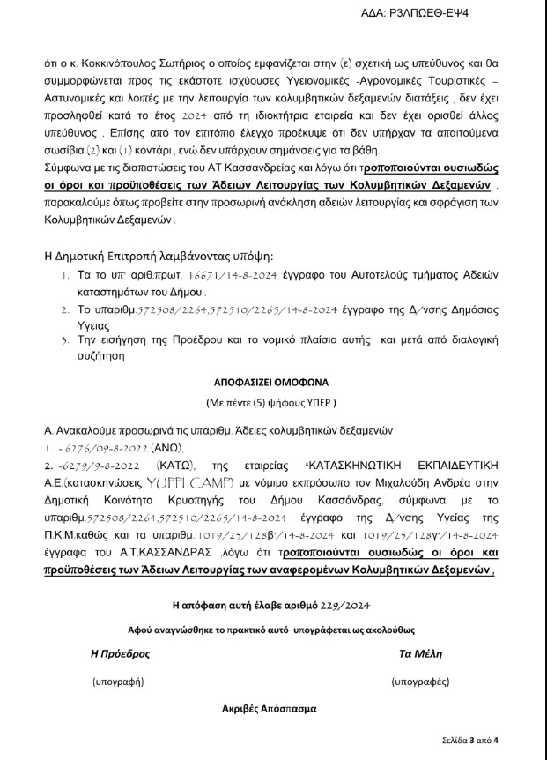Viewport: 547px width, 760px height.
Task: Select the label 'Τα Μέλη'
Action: coord(420,654)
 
